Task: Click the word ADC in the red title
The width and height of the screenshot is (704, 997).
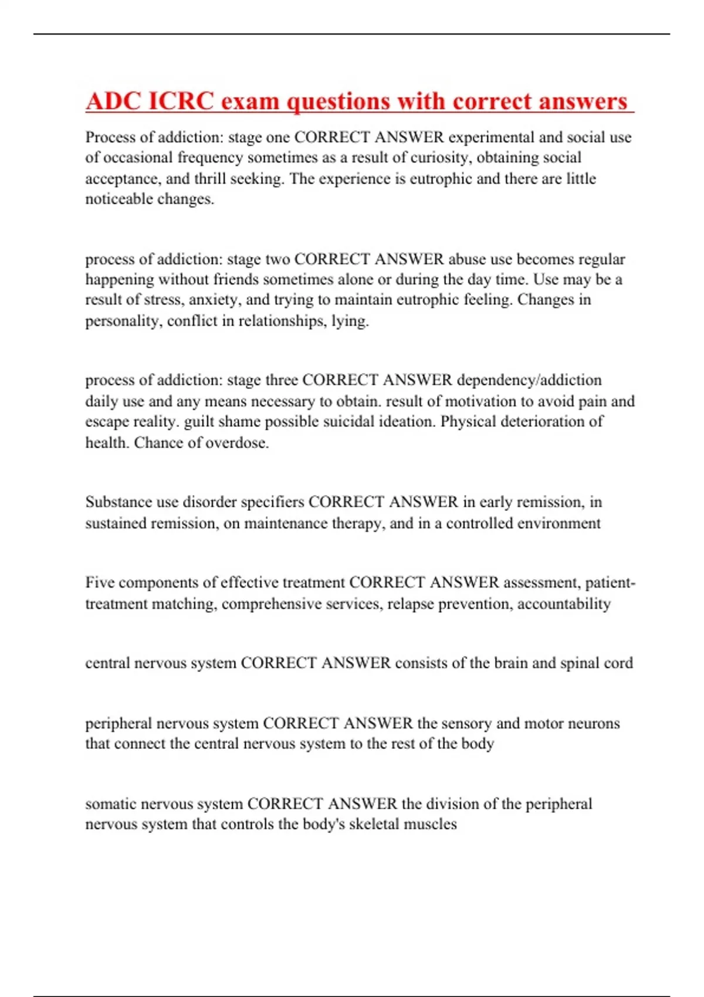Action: (113, 101)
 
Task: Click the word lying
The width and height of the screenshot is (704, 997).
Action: (350, 321)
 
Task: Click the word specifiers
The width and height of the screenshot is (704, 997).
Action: (273, 502)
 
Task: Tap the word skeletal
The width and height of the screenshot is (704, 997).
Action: (374, 824)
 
